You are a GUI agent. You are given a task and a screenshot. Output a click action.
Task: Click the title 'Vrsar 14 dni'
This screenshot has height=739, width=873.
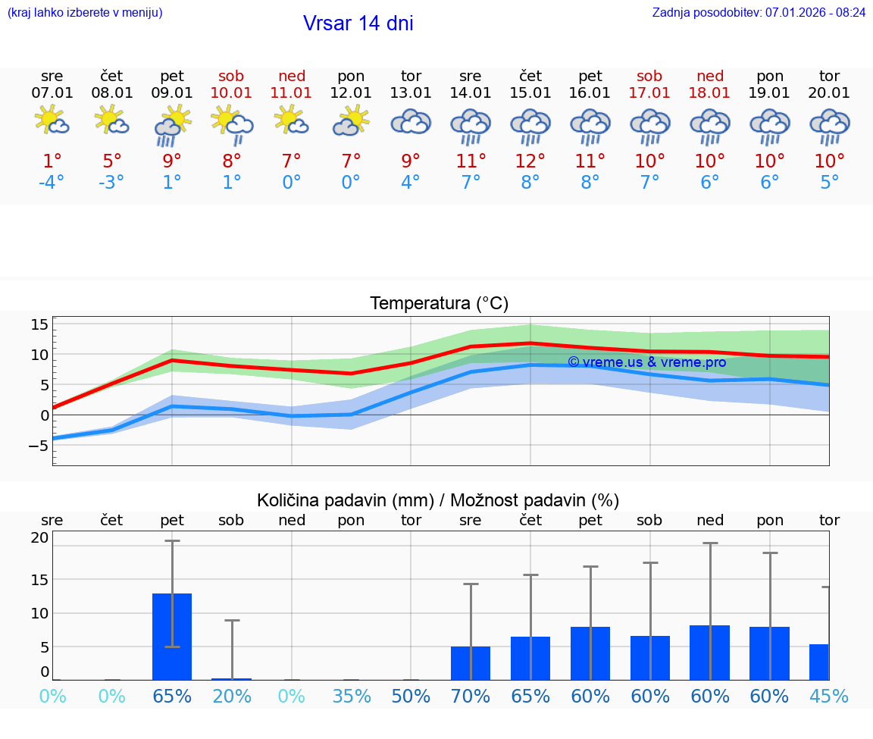point(358,23)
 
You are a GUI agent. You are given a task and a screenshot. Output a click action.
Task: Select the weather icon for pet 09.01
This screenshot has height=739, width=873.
point(172,125)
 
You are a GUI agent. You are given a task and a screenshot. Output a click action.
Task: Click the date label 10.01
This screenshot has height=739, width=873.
point(231,93)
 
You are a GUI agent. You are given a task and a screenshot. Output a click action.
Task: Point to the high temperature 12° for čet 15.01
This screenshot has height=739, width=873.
point(530,161)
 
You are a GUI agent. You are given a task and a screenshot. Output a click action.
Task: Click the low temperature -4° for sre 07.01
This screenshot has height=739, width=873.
point(52,183)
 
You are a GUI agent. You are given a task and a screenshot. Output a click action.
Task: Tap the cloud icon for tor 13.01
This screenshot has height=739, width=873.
point(411,123)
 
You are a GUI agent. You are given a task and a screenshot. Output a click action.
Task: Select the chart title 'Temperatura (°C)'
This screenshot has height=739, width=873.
point(439,304)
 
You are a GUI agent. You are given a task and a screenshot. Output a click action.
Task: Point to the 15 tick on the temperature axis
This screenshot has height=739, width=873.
point(39,324)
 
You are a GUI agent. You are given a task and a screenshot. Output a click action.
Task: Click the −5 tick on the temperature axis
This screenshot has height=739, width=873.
point(38,446)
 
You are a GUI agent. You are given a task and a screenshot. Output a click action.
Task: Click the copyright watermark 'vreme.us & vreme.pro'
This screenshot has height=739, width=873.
point(646,362)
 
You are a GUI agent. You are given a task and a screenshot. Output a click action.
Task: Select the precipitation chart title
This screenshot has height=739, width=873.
point(438,500)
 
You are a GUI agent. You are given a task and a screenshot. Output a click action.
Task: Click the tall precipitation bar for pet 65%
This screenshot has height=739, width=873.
point(172,637)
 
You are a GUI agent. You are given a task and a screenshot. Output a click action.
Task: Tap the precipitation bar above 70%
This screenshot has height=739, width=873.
point(471,663)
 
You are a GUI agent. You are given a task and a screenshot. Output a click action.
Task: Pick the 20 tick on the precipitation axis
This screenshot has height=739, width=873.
point(39,538)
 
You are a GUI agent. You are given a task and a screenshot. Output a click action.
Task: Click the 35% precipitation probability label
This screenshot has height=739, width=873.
point(351,696)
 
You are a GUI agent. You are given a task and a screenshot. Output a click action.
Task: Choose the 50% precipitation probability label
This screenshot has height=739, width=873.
point(411,696)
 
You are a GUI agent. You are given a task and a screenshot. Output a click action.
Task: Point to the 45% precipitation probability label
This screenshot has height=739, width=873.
point(829,696)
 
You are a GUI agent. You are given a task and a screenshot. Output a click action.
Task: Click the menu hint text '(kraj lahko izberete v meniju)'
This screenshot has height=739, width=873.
point(85,12)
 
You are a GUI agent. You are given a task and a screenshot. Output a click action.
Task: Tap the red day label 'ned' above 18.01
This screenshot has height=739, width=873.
point(710,76)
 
